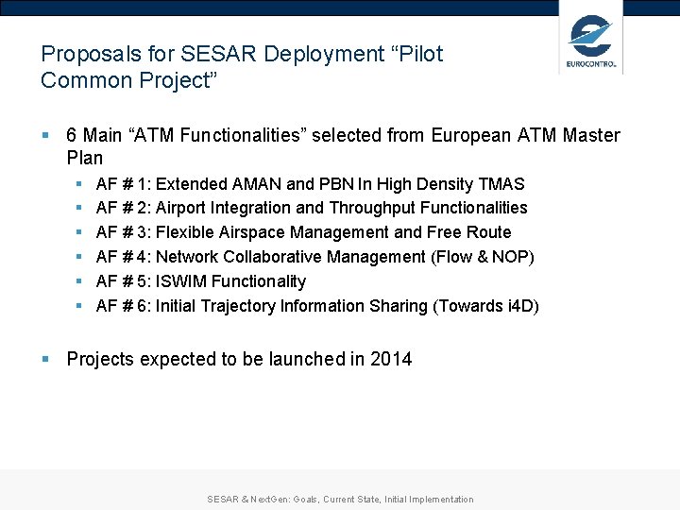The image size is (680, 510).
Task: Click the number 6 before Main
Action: (x=72, y=135)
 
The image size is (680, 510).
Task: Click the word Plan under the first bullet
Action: (x=85, y=159)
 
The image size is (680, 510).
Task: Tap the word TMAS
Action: (x=503, y=183)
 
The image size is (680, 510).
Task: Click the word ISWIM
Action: (x=181, y=281)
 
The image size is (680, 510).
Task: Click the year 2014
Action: (x=391, y=359)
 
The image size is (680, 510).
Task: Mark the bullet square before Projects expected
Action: (x=45, y=359)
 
